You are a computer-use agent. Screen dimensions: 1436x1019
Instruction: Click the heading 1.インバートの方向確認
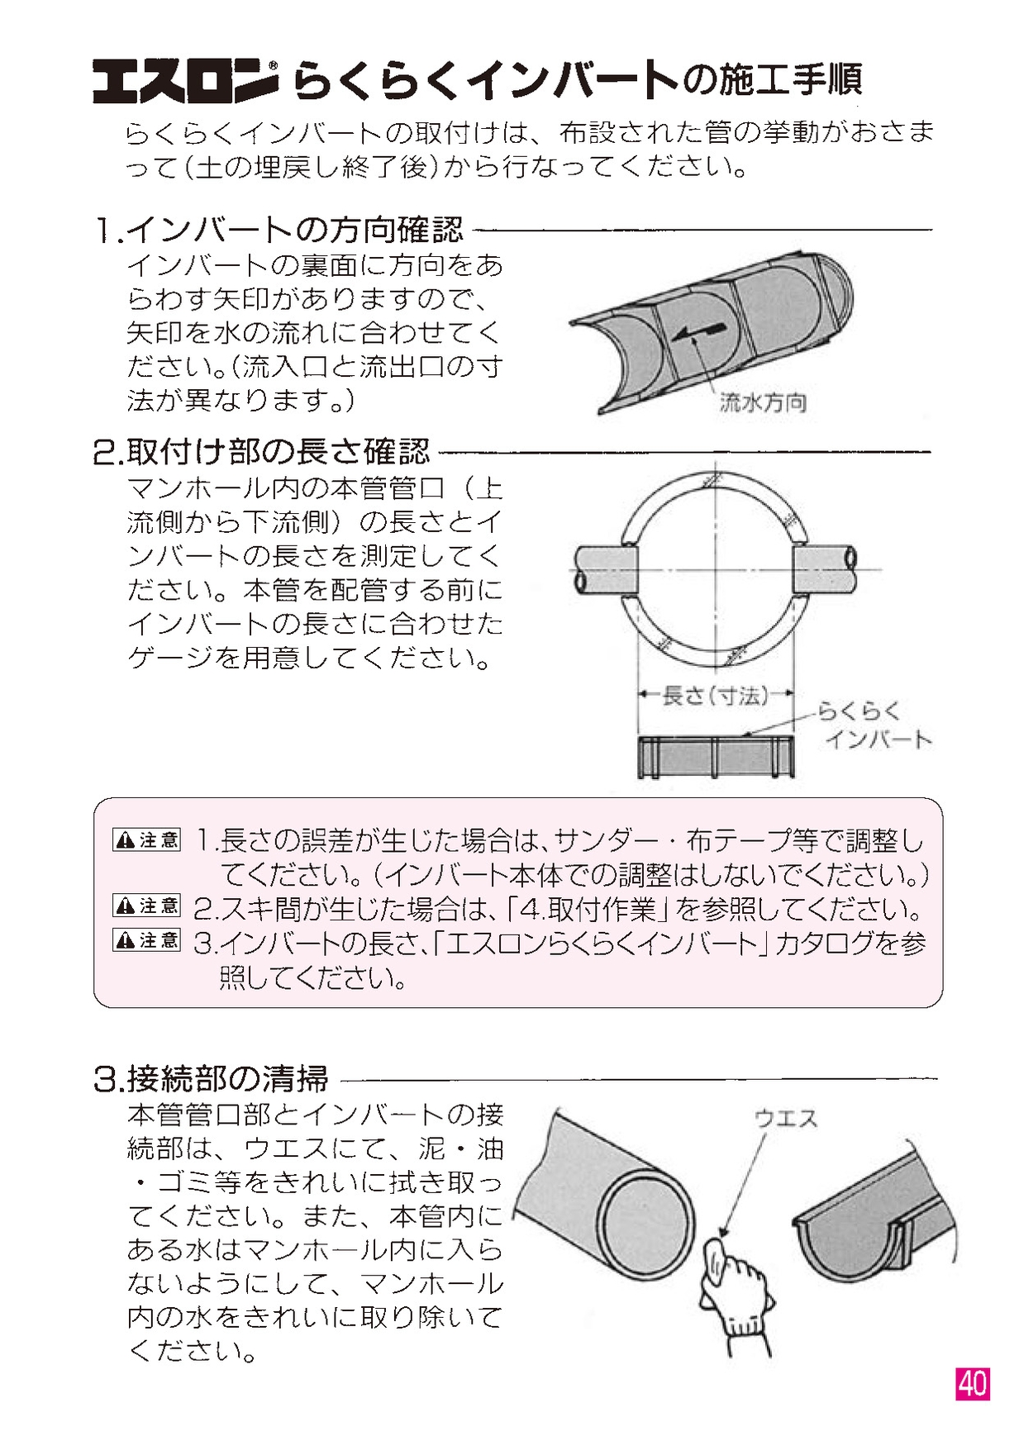279,230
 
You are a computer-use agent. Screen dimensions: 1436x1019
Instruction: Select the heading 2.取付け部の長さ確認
262,452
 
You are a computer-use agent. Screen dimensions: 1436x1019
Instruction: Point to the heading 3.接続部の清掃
211,1078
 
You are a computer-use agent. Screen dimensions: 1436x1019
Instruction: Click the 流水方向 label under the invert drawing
762,403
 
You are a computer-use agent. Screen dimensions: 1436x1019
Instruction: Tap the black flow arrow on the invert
698,332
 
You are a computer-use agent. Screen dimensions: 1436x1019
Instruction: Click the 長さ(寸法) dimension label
715,696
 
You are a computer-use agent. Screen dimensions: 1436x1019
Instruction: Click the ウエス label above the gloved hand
785,1119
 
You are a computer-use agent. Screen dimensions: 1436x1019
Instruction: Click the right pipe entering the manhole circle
825,568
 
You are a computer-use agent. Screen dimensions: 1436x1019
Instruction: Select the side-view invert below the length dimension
716,757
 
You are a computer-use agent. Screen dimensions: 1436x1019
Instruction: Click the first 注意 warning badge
146,840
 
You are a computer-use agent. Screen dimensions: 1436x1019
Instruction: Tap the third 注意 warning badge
146,939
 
